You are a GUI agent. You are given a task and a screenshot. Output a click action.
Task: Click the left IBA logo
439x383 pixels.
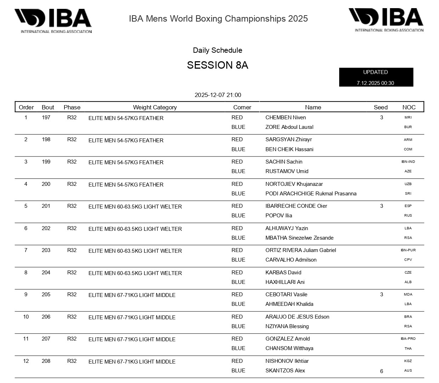click(53, 21)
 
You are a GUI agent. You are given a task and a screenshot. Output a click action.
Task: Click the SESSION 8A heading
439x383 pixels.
click(217, 65)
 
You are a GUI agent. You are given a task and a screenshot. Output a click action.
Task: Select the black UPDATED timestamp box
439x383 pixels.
click(376, 77)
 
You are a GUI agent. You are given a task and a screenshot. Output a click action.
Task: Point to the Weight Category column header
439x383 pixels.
click(155, 107)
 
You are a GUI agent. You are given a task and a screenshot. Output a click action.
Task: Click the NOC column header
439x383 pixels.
click(409, 107)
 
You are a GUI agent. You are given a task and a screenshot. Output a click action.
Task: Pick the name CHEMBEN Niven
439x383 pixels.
click(285, 118)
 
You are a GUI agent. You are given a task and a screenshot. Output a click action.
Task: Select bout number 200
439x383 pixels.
click(46, 184)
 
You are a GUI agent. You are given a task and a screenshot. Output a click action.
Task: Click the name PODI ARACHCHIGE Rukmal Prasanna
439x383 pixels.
click(311, 194)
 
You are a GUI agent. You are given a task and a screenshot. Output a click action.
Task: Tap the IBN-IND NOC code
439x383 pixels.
click(408, 162)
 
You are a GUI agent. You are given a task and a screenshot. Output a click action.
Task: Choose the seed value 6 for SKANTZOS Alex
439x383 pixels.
click(381, 371)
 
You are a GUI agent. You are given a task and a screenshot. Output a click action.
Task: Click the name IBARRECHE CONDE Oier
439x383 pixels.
click(296, 206)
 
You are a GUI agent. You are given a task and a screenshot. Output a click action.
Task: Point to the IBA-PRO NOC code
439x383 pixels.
click(408, 339)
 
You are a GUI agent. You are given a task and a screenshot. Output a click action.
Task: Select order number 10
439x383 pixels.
click(26, 317)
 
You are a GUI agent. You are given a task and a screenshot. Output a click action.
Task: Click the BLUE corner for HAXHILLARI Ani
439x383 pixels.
click(238, 282)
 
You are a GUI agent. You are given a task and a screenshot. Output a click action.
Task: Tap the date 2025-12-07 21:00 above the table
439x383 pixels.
click(218, 95)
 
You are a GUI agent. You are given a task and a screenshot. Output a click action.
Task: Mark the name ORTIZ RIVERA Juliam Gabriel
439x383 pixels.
click(301, 250)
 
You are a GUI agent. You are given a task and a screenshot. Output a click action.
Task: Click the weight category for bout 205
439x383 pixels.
click(132, 295)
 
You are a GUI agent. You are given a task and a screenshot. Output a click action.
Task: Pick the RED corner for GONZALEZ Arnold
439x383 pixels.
click(237, 339)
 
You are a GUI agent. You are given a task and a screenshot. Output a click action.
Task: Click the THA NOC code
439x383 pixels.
click(408, 349)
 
